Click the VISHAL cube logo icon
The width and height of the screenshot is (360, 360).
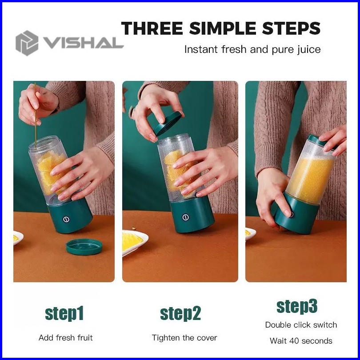click(27, 43)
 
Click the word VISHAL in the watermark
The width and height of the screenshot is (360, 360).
click(84, 43)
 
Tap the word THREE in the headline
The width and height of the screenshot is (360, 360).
click(152, 28)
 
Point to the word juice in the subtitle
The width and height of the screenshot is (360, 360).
click(309, 50)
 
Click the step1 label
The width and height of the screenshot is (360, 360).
click(64, 314)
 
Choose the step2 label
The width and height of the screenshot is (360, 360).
click(180, 314)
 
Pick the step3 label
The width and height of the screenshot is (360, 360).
click(297, 307)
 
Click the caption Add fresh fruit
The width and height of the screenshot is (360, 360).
click(66, 338)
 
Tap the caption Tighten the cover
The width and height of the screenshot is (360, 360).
click(184, 338)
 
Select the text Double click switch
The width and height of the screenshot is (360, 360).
click(301, 325)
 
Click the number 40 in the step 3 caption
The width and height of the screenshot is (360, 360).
click(294, 341)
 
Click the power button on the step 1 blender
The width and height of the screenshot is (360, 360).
click(66, 219)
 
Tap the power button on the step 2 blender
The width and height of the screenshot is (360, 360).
click(185, 217)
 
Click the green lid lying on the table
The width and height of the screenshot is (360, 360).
click(84, 247)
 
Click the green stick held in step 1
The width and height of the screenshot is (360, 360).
click(35, 115)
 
